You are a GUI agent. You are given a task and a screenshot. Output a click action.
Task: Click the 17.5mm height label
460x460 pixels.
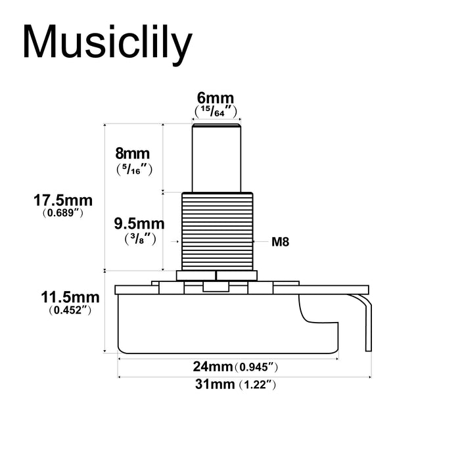tap(64, 199)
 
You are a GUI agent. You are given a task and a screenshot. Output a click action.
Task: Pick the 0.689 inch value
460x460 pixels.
tap(63, 213)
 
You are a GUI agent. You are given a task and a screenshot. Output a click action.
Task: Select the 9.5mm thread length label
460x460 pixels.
tap(139, 223)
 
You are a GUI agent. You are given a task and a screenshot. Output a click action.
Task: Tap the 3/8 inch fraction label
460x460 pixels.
tap(139, 239)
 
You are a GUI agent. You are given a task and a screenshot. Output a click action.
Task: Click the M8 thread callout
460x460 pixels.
tap(281, 242)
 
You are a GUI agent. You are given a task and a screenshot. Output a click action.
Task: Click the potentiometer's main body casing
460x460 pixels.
tap(210, 322)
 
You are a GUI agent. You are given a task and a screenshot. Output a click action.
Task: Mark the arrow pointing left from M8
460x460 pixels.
tap(260, 242)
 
